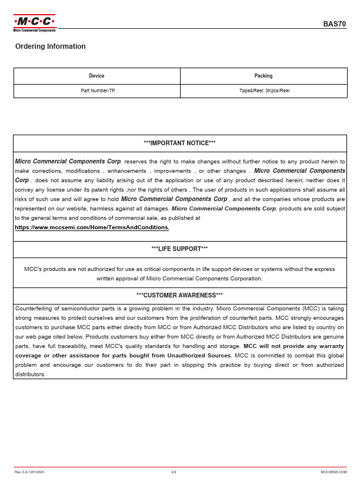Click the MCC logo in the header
click(35, 22)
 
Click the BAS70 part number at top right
click(335, 24)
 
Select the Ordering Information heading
click(51, 46)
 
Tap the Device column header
click(96, 76)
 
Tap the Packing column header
click(263, 76)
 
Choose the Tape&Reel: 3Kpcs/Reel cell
click(264, 91)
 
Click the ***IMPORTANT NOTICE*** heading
click(179, 143)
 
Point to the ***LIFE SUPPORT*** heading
click(179, 249)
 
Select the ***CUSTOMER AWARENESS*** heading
click(179, 295)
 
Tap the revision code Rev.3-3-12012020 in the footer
click(29, 472)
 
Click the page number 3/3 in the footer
click(174, 472)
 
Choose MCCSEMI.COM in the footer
click(334, 472)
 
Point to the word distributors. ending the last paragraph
click(30, 374)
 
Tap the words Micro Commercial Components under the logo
click(35, 30)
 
